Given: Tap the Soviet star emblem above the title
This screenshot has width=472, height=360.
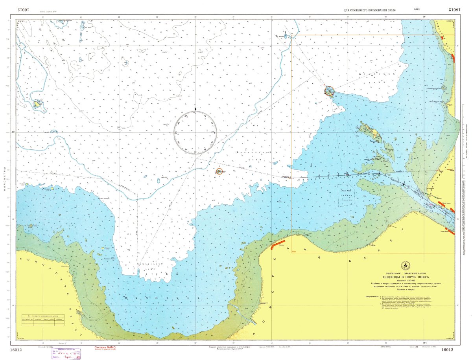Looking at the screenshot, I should pos(405,266).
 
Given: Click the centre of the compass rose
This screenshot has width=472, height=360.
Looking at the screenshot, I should pos(195,132).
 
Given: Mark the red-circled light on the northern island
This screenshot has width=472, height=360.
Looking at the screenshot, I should pos(329,91).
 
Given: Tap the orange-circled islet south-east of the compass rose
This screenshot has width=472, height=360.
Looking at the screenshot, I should pos(219,171).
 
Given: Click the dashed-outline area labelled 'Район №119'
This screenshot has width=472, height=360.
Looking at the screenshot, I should pos(346,195).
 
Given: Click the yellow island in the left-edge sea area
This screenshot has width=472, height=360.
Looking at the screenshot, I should pos(38,104).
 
